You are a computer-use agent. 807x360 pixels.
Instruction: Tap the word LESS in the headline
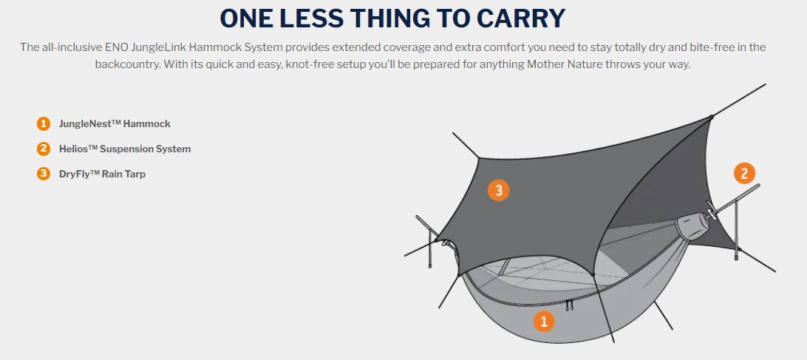309,19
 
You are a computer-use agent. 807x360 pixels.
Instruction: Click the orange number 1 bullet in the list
44,123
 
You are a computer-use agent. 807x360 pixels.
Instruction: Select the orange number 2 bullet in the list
44,149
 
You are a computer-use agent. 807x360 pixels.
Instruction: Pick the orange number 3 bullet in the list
44,174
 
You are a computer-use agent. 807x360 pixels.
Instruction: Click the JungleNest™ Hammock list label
115,123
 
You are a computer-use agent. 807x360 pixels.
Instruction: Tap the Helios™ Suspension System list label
125,149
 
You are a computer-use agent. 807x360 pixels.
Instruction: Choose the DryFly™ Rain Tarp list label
103,174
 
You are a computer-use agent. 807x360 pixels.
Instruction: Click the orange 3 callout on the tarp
498,191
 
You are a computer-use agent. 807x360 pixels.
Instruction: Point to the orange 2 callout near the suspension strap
744,174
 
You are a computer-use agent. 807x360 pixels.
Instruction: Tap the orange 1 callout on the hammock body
543,322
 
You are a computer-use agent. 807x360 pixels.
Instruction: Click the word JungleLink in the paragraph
160,47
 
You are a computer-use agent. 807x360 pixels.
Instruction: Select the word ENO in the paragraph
116,47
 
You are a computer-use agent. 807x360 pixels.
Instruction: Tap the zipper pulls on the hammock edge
569,305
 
